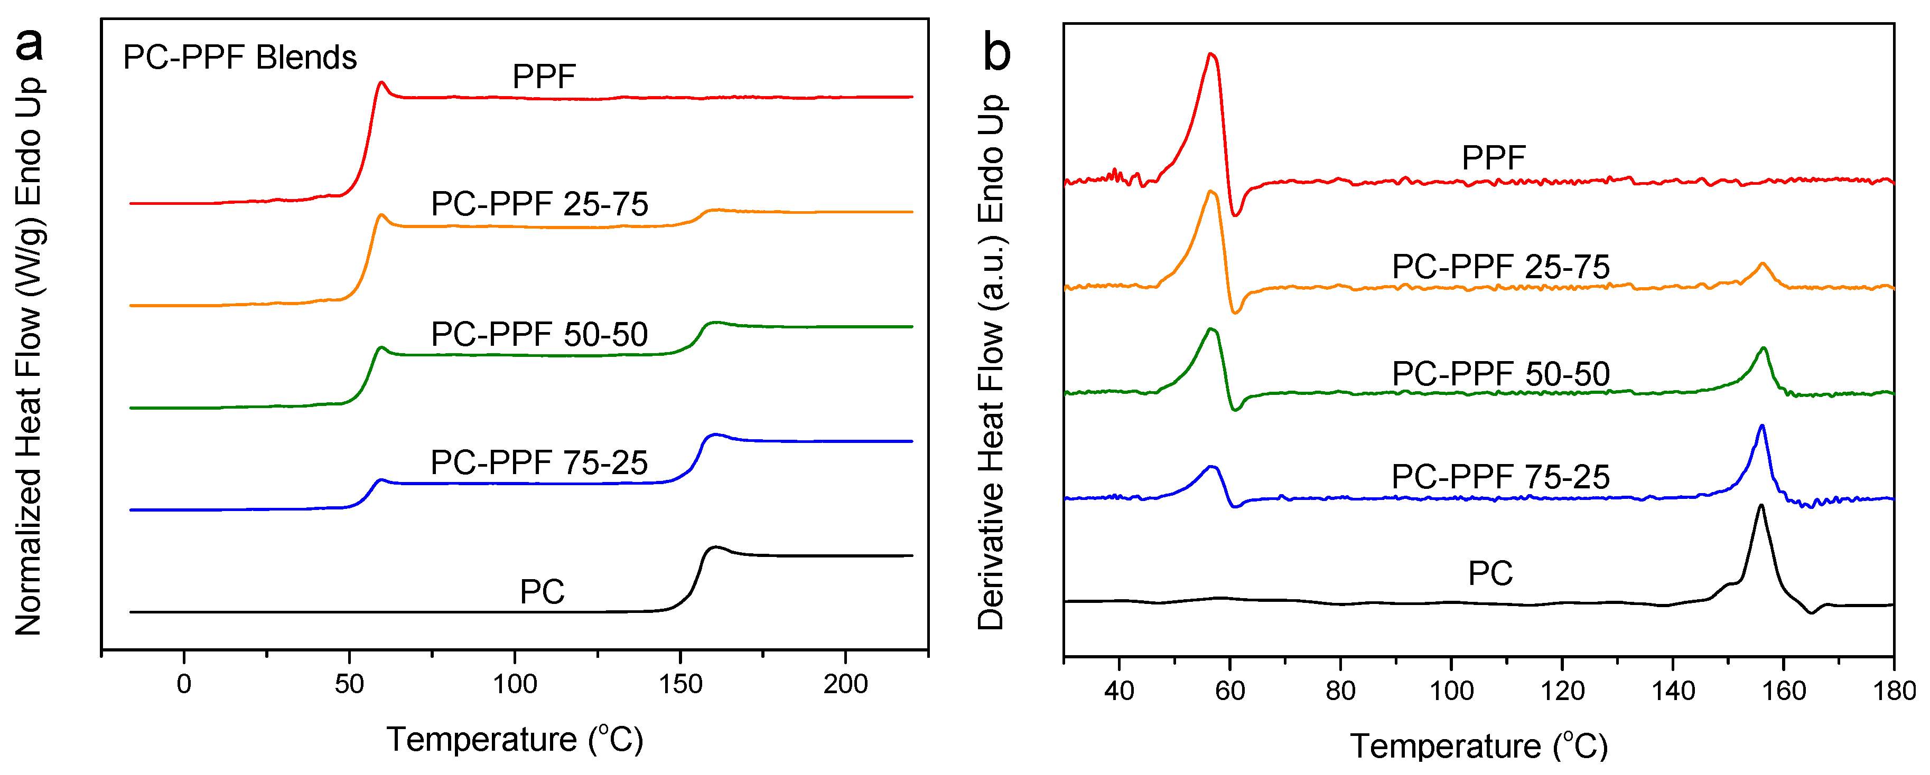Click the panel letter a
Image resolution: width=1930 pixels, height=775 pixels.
[x=30, y=45]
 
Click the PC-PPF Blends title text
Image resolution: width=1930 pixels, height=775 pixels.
[x=240, y=58]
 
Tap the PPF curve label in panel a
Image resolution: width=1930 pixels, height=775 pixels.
[x=544, y=77]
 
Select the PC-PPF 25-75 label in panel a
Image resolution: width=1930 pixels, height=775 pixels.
[x=539, y=204]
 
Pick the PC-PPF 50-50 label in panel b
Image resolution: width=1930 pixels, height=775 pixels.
[x=1500, y=374]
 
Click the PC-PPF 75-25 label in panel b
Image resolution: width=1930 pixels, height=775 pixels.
[x=1500, y=477]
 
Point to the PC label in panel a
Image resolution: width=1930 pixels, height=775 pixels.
[x=543, y=592]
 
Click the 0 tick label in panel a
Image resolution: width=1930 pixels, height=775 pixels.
[x=183, y=684]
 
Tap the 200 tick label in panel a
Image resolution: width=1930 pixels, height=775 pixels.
[x=845, y=684]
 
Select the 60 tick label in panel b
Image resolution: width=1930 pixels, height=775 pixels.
[x=1229, y=691]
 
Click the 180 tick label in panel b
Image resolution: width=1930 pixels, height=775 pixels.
[x=1894, y=691]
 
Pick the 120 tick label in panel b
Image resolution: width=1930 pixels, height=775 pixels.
[x=1562, y=691]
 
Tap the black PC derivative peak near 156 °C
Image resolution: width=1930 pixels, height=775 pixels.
[x=1761, y=506]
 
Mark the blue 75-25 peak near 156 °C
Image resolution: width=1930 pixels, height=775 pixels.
[x=1761, y=426]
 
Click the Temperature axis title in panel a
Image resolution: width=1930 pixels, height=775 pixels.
[x=515, y=740]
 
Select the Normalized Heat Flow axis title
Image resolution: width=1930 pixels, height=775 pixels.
[x=29, y=356]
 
